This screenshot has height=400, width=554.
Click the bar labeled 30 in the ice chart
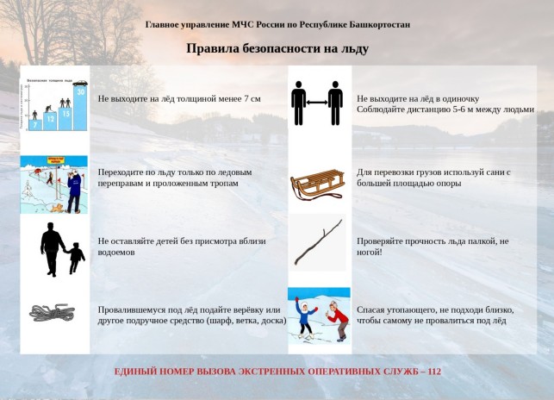(80, 109)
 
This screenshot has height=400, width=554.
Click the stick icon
(317, 245)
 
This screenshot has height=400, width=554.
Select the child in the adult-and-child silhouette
(76, 257)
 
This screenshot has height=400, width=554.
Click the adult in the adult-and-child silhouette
(52, 248)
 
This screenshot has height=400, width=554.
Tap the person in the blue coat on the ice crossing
(74, 190)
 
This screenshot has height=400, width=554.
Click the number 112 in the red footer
(433, 372)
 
